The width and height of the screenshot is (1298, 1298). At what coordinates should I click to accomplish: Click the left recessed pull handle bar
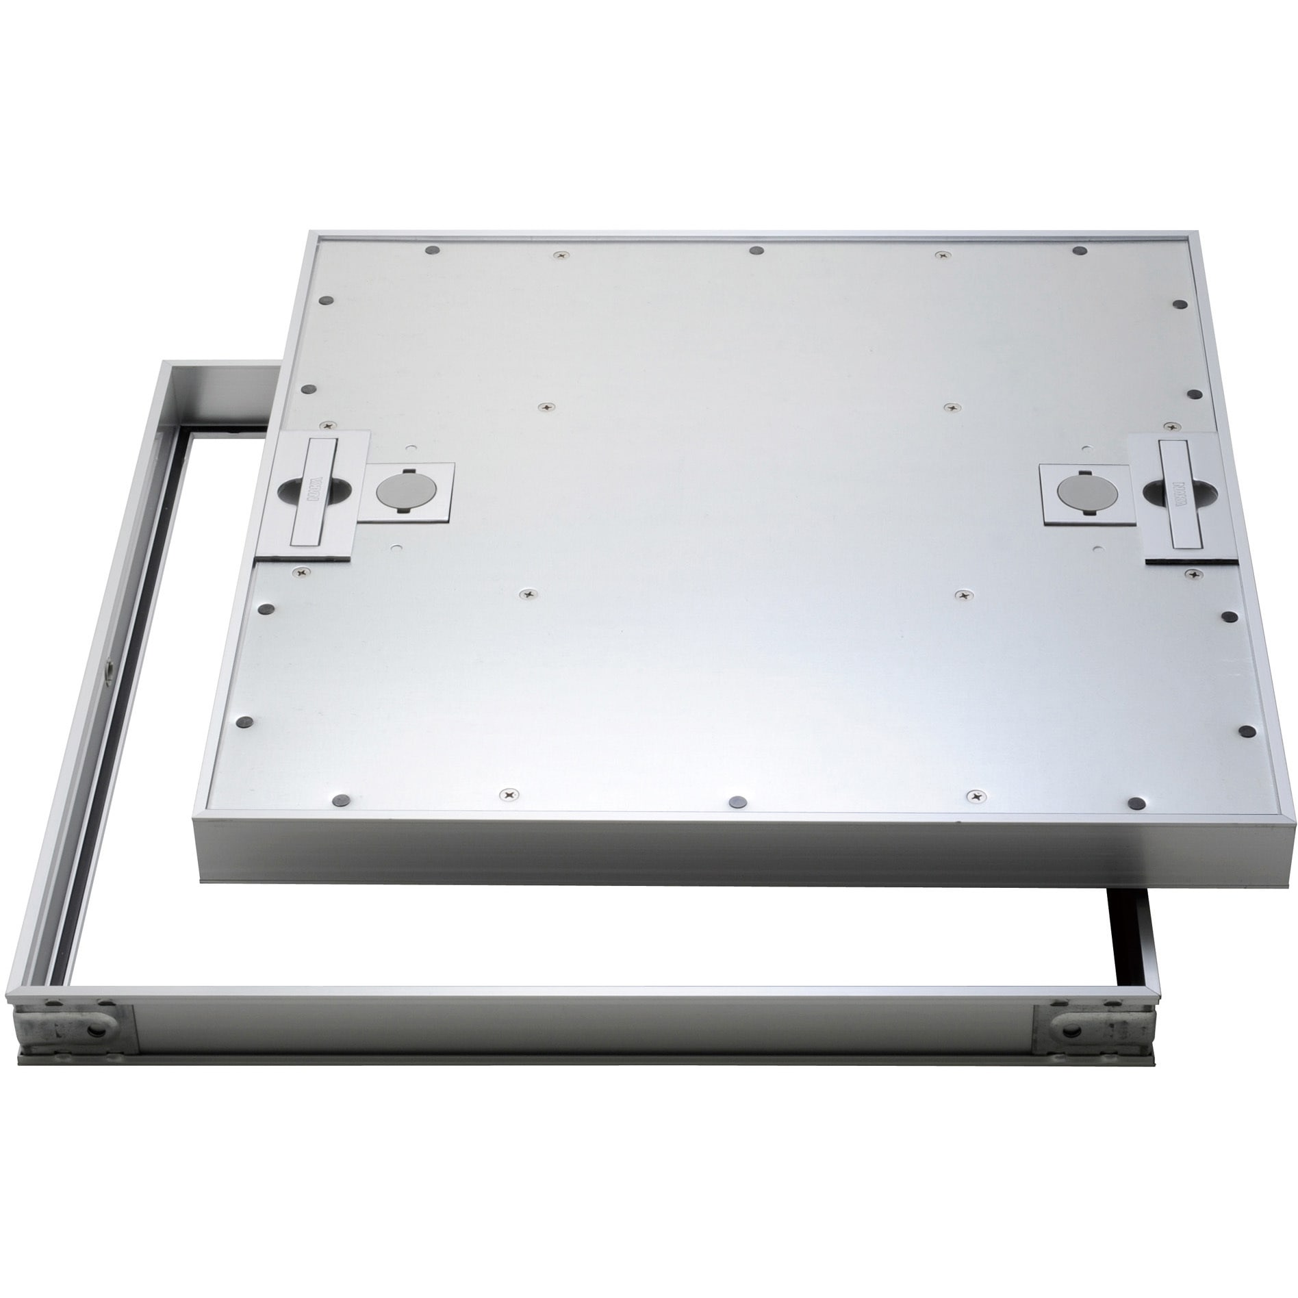pyautogui.click(x=313, y=489)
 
